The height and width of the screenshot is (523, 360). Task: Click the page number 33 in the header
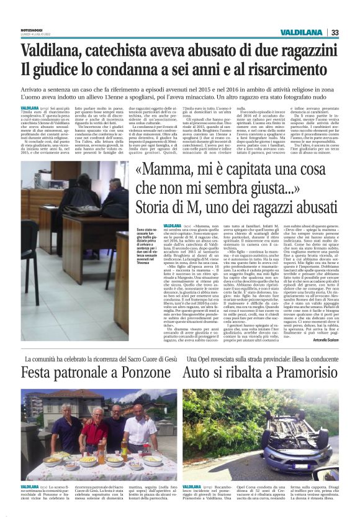pos(335,32)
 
